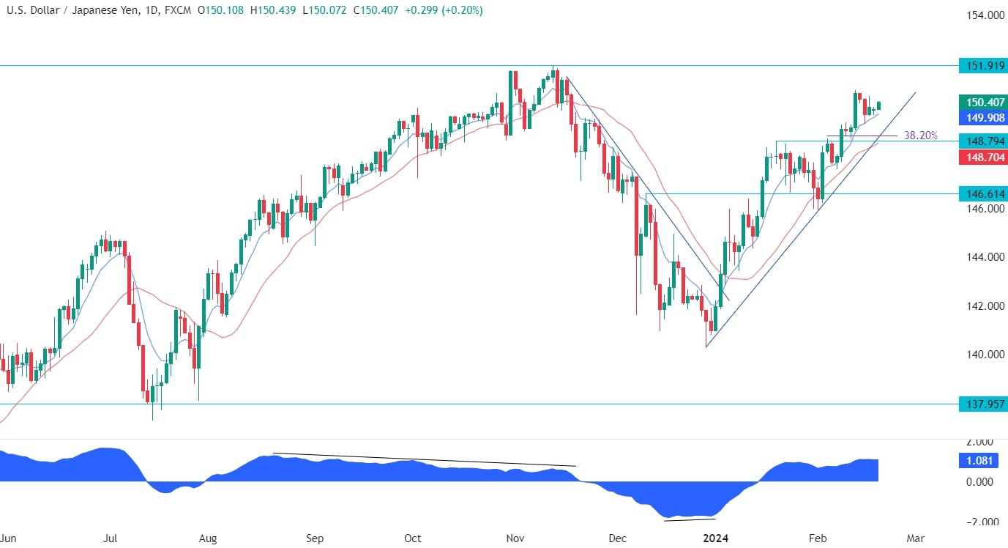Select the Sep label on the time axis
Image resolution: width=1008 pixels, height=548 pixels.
pyautogui.click(x=315, y=538)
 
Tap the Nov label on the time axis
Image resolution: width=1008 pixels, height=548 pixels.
pyautogui.click(x=516, y=538)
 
